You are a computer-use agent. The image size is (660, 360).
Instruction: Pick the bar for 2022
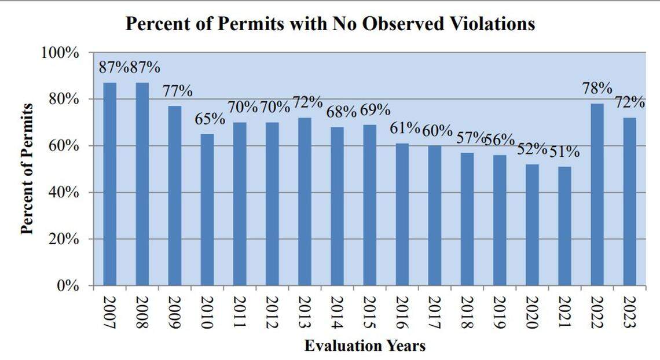point(597,194)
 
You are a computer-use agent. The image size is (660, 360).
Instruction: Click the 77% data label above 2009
point(177,91)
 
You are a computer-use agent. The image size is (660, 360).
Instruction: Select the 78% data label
point(597,89)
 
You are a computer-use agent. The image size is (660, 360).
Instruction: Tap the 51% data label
point(564,152)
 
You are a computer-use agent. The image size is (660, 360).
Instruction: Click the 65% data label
point(210,119)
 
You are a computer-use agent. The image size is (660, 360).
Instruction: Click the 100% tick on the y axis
point(60,53)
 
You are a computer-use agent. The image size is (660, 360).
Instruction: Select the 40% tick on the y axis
point(63,192)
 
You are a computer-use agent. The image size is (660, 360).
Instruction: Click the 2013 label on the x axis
point(305,311)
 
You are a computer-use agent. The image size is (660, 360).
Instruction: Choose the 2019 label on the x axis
point(499,311)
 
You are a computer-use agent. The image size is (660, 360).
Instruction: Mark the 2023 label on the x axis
point(629,311)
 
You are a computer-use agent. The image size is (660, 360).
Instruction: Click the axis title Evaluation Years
point(365,346)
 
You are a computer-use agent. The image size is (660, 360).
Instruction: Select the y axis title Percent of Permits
point(26,169)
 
